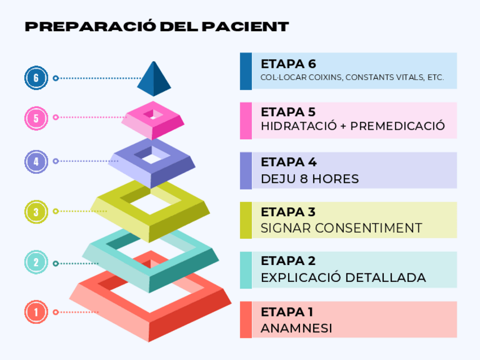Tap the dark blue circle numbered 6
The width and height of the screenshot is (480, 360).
tap(36, 78)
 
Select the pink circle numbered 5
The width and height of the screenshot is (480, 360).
tap(36, 118)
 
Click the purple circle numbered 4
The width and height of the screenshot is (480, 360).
tap(36, 161)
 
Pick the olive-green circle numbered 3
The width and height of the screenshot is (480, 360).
tap(36, 212)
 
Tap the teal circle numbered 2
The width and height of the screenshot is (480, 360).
tap(36, 262)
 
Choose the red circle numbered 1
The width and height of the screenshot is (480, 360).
tap(36, 312)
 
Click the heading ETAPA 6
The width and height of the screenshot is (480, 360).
tap(288, 63)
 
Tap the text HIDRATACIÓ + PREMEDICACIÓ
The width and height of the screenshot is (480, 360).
tap(353, 126)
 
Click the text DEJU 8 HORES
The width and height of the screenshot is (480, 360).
tap(310, 179)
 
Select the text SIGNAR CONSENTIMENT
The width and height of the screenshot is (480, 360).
tap(341, 228)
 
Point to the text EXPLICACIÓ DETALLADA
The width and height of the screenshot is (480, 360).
tap(343, 278)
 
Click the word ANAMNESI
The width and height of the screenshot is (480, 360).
tap(296, 328)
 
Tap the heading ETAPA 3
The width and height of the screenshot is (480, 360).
tap(288, 212)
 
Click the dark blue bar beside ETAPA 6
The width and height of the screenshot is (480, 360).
tap(246, 71)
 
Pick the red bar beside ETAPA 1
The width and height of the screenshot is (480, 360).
tap(246, 320)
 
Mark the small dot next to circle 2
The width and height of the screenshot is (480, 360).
tap(55, 263)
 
